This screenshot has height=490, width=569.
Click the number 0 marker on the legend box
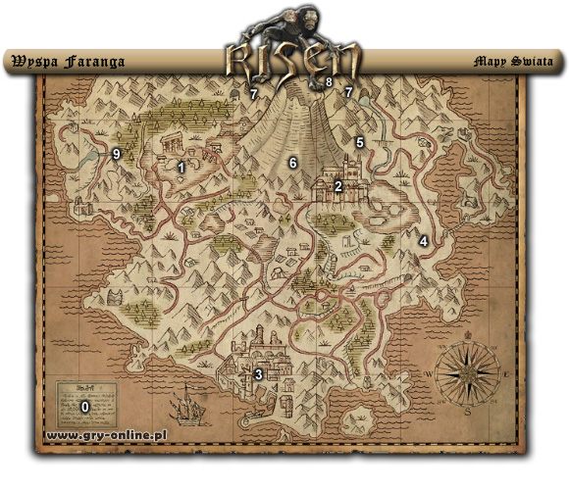click(x=84, y=405)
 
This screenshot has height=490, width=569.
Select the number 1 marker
click(x=181, y=168)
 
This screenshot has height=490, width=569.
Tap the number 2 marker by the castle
click(x=337, y=185)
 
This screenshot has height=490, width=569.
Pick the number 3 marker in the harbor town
click(x=258, y=373)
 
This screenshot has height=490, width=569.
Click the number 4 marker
click(x=423, y=240)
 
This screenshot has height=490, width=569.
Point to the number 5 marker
click(x=359, y=142)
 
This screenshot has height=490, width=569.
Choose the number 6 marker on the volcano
click(x=290, y=162)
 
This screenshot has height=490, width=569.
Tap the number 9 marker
click(x=117, y=153)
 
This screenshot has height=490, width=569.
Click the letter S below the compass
click(x=469, y=413)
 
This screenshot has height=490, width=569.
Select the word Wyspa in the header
click(x=31, y=61)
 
